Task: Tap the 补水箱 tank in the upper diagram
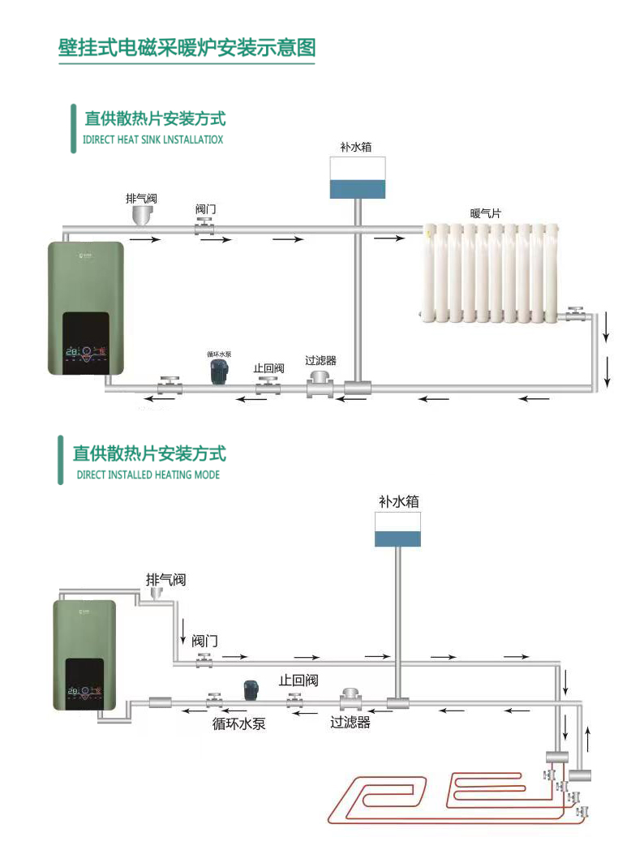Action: tap(357, 178)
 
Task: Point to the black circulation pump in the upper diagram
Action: tap(217, 372)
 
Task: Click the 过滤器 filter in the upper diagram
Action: tap(320, 384)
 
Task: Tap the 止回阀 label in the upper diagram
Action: tap(268, 367)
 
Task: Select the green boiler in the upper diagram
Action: tap(87, 308)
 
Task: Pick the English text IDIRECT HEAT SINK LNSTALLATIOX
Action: tap(153, 140)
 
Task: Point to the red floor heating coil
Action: tap(454, 799)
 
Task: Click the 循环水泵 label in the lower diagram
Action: tap(238, 723)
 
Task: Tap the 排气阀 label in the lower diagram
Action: tap(165, 579)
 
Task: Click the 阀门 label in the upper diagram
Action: tap(206, 209)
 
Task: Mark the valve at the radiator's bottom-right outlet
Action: tap(577, 312)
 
